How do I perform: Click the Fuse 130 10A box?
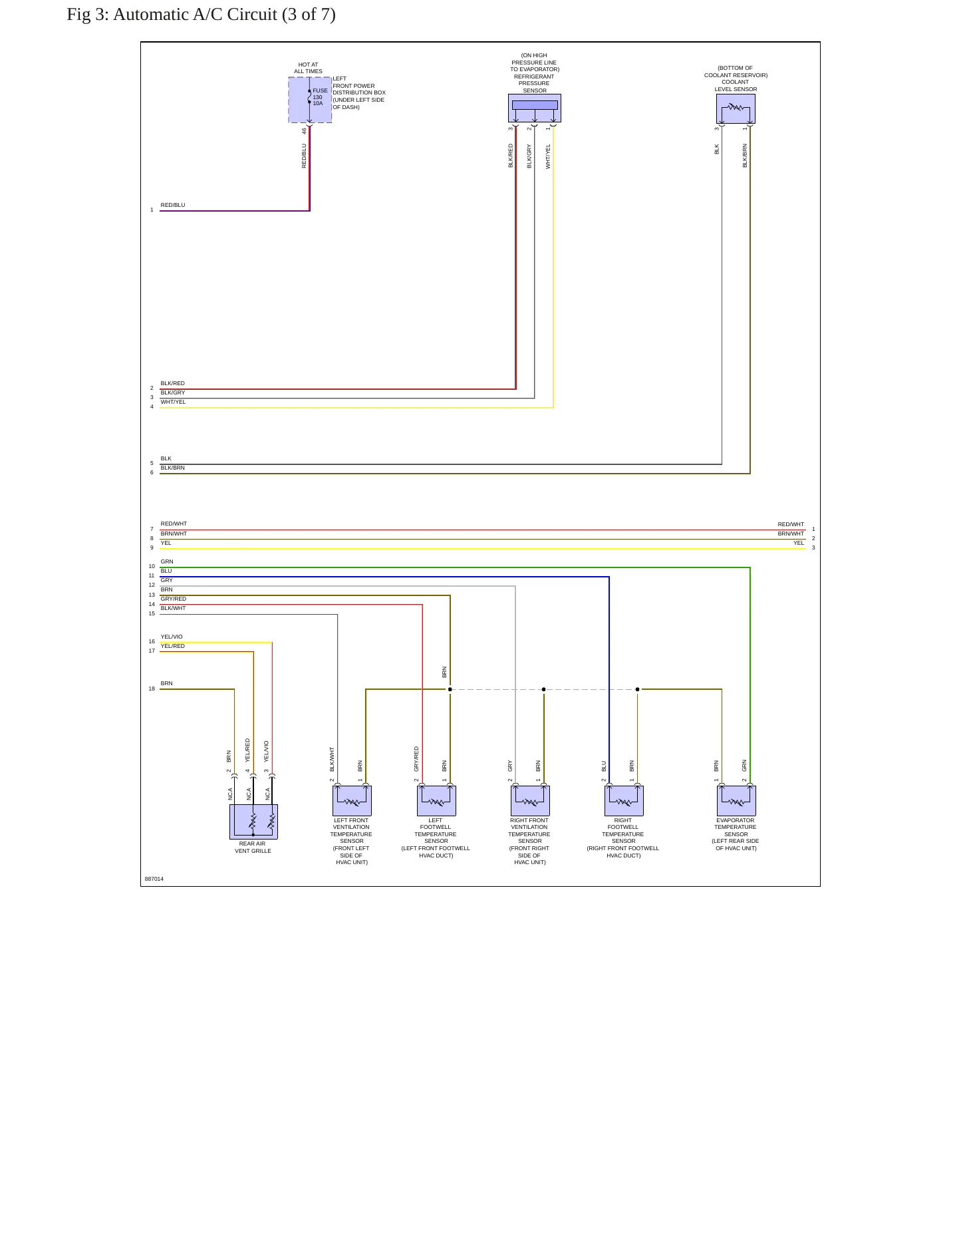click(310, 100)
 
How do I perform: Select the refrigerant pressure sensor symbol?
click(535, 108)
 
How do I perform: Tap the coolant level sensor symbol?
click(736, 108)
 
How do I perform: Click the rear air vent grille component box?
click(253, 822)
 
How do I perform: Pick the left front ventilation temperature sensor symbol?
click(352, 800)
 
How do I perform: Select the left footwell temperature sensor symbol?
click(436, 800)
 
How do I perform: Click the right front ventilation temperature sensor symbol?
click(530, 800)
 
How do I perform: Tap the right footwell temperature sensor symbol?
click(624, 800)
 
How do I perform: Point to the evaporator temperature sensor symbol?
click(736, 800)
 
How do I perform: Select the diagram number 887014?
click(154, 879)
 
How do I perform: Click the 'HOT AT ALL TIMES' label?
click(308, 68)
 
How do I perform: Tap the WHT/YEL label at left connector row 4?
click(173, 402)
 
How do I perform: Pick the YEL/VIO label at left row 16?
click(172, 637)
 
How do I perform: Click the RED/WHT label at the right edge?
click(791, 524)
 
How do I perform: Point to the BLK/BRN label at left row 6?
click(173, 468)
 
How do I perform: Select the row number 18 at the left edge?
click(152, 689)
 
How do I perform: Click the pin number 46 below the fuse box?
click(304, 131)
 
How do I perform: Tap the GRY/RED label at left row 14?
click(174, 599)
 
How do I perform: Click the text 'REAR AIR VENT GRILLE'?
click(253, 848)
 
